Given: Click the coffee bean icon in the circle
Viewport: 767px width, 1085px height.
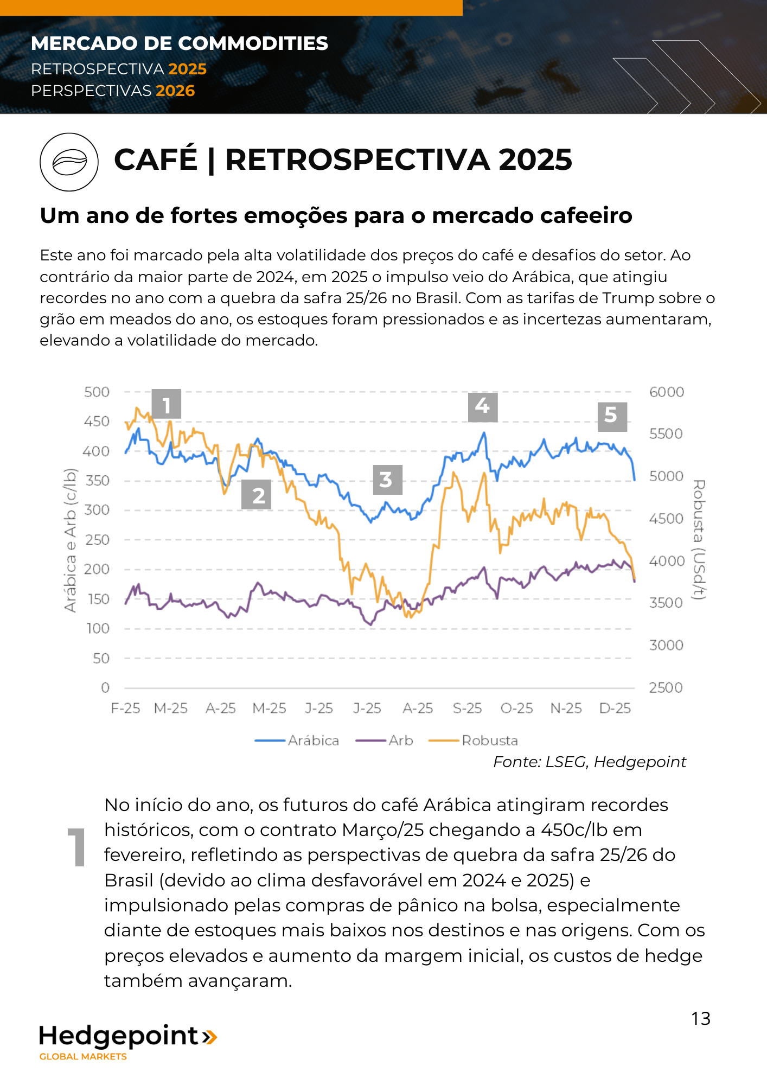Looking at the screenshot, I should click(69, 162).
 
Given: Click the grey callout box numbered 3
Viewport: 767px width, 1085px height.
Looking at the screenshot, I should click(387, 480).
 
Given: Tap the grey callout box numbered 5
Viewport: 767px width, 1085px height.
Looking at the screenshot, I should click(612, 416).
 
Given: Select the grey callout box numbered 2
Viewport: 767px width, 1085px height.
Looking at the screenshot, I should click(256, 495).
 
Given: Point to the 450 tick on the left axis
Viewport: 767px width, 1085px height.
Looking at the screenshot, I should click(97, 422).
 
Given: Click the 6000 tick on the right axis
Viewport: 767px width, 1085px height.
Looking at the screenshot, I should click(666, 392).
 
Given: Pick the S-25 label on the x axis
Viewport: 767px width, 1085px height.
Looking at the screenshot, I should click(467, 709).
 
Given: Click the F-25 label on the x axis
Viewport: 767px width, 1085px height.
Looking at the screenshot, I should click(125, 709).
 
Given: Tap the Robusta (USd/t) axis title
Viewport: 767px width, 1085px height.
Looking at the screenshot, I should click(699, 539).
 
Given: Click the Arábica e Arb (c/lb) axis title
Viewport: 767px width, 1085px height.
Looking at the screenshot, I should click(71, 540).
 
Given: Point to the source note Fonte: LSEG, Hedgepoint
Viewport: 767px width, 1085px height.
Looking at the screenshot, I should click(589, 762).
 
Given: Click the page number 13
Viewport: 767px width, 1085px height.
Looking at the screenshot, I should click(700, 1019).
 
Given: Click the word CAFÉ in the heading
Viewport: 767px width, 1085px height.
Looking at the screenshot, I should click(156, 159).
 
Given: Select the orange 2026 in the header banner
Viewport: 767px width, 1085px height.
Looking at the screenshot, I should click(175, 91).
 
